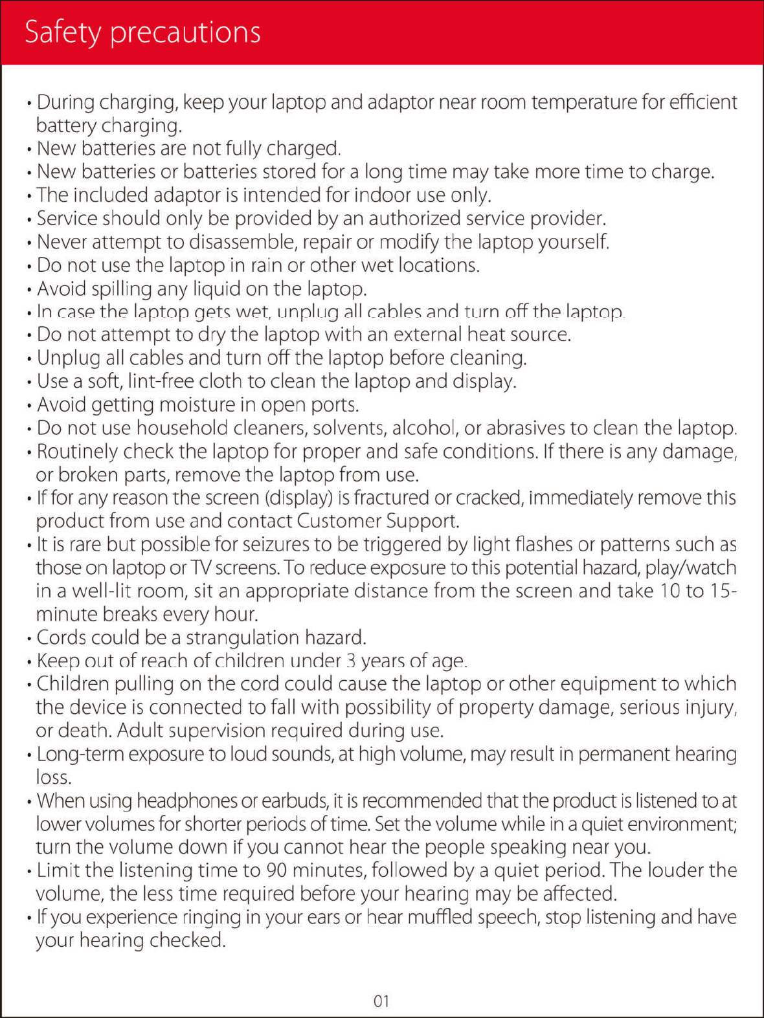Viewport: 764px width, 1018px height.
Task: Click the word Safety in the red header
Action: coord(63,32)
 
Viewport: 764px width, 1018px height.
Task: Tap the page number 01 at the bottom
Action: coord(381,1001)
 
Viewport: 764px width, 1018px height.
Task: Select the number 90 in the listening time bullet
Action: coord(276,870)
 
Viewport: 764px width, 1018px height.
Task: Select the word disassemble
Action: coord(242,242)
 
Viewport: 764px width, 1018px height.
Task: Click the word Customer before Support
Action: coord(339,521)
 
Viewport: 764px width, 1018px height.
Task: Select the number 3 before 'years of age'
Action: coord(351,661)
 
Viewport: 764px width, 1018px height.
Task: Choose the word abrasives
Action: coord(525,428)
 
